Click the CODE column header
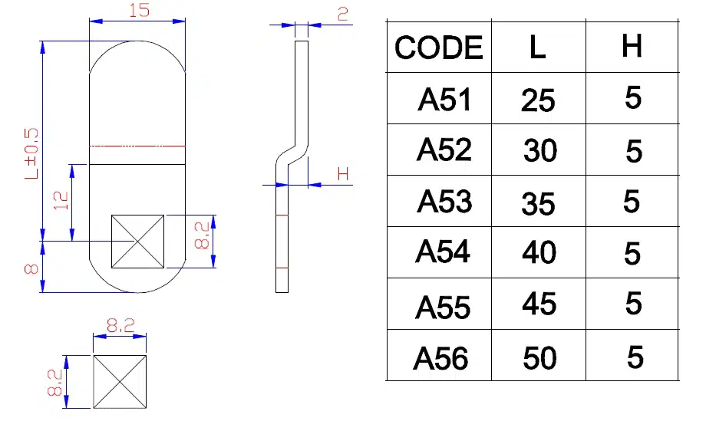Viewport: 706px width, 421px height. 438,48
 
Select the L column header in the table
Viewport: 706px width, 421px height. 537,48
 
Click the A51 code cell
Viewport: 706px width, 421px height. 444,100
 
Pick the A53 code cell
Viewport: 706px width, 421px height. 444,202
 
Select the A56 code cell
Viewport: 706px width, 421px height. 440,358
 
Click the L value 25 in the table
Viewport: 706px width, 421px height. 538,100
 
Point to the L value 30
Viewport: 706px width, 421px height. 539,151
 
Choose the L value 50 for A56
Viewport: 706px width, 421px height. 539,357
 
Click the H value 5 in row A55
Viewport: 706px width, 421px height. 633,304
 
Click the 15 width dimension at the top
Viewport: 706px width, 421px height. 138,11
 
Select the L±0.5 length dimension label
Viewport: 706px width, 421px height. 31,154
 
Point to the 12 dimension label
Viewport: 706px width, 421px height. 61,201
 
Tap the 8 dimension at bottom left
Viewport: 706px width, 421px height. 31,268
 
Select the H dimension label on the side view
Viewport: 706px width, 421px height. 343,174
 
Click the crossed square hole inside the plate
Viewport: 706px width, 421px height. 138,242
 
